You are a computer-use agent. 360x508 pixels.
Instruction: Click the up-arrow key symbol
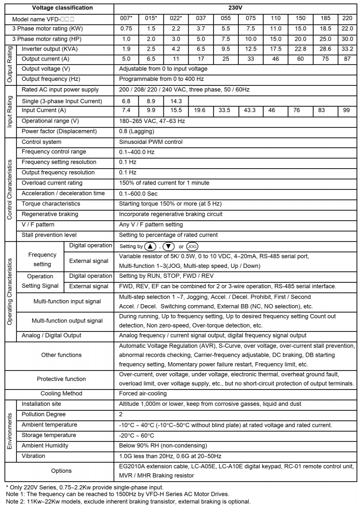[150, 247]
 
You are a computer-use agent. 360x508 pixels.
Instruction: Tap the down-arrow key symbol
[169, 247]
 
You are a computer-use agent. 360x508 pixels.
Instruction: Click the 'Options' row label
[62, 470]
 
